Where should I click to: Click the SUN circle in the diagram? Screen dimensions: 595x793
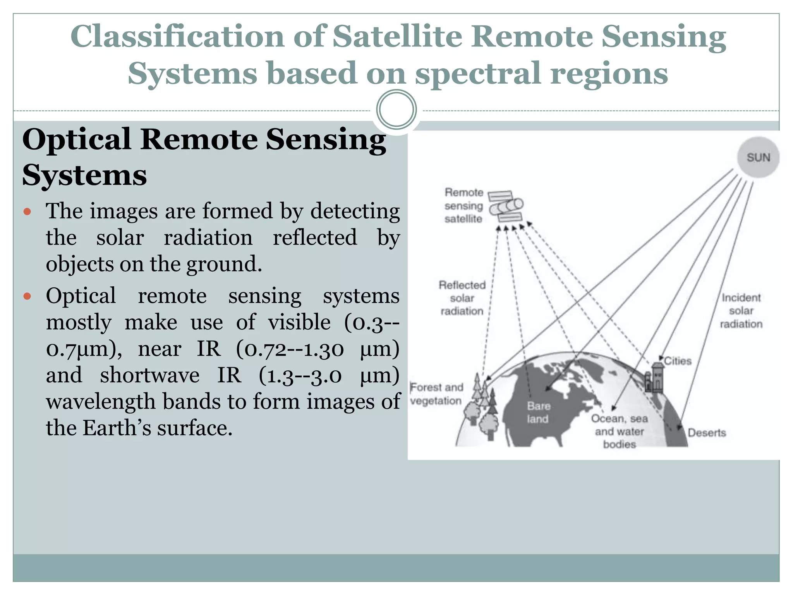coord(758,157)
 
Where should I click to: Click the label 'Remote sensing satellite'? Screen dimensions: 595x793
coord(464,206)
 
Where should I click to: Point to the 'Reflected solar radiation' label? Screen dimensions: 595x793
coord(462,298)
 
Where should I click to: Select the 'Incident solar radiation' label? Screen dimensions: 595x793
coord(741,311)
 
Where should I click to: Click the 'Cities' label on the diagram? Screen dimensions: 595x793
coord(678,361)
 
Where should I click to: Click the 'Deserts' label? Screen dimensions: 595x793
coord(707,433)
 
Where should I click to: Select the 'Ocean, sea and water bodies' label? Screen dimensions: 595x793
coord(619,431)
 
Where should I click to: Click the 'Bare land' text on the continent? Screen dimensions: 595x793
coord(538,412)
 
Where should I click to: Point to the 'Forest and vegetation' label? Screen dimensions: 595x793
coord(436,394)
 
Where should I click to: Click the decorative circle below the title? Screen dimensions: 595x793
coord(396,110)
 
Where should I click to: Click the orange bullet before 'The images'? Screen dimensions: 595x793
coord(27,212)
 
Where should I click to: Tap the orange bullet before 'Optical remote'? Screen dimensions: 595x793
coord(27,296)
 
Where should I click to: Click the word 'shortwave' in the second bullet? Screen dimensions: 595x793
coord(149,375)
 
